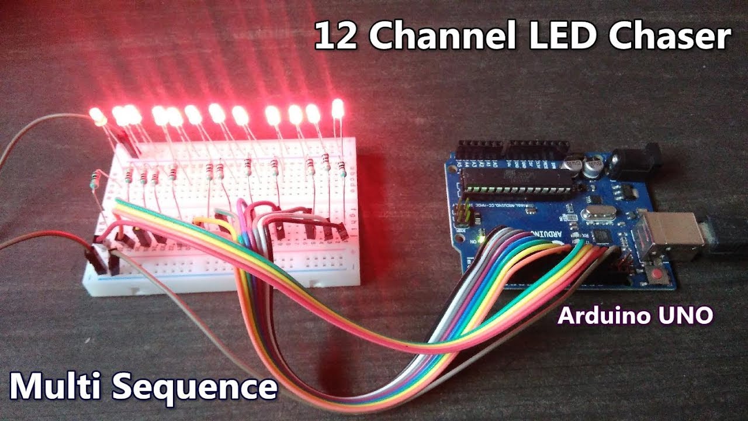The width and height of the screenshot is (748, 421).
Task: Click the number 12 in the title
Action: pyautogui.click(x=335, y=37)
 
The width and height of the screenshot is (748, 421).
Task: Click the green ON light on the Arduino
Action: pyautogui.click(x=481, y=239)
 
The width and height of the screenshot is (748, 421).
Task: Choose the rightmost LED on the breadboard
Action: pyautogui.click(x=337, y=109)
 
